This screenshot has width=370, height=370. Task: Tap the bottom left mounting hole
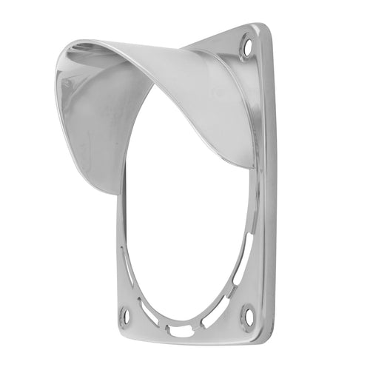coord(125,316)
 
